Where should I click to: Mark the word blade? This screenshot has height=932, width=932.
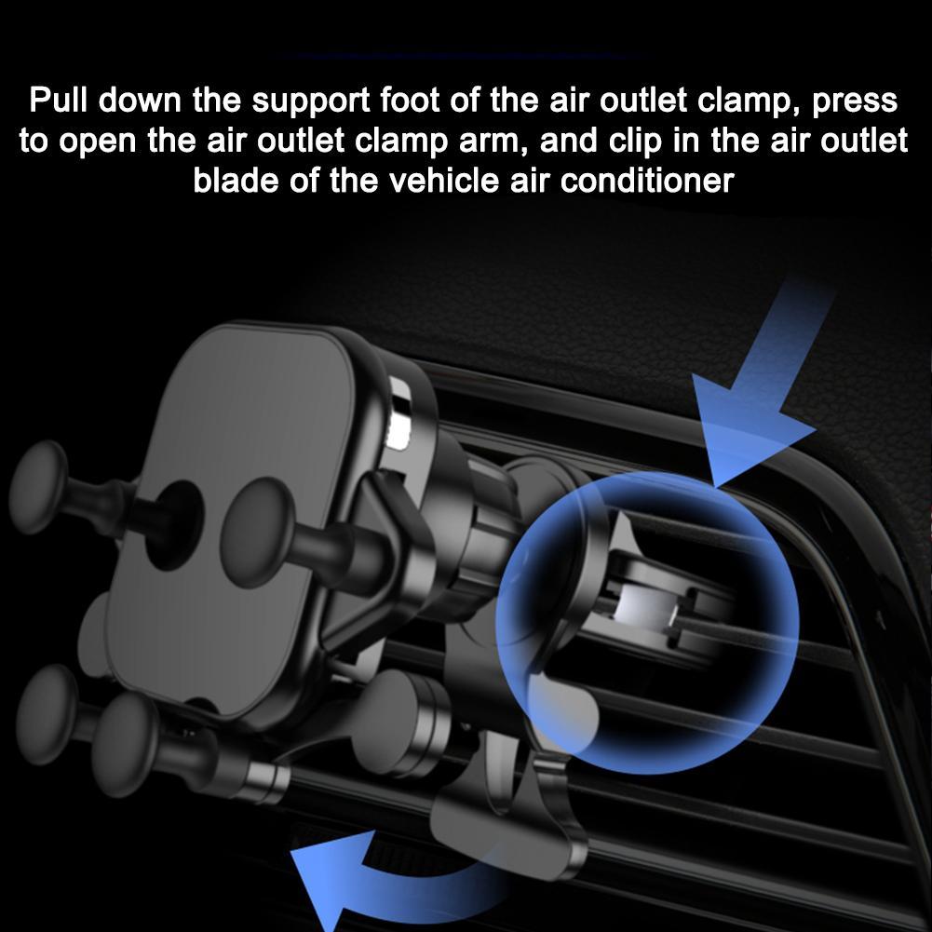pyautogui.click(x=236, y=180)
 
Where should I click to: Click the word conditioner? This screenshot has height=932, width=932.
pyautogui.click(x=647, y=180)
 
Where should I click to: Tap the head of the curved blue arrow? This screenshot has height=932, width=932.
pyautogui.click(x=321, y=885)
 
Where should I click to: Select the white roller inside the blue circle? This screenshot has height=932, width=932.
pyautogui.click(x=646, y=608)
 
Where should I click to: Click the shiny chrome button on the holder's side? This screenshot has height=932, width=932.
pyautogui.click(x=399, y=412)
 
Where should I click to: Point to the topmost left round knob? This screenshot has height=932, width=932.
pyautogui.click(x=38, y=487)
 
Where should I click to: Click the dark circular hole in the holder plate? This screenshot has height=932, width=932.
pyautogui.click(x=172, y=526)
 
